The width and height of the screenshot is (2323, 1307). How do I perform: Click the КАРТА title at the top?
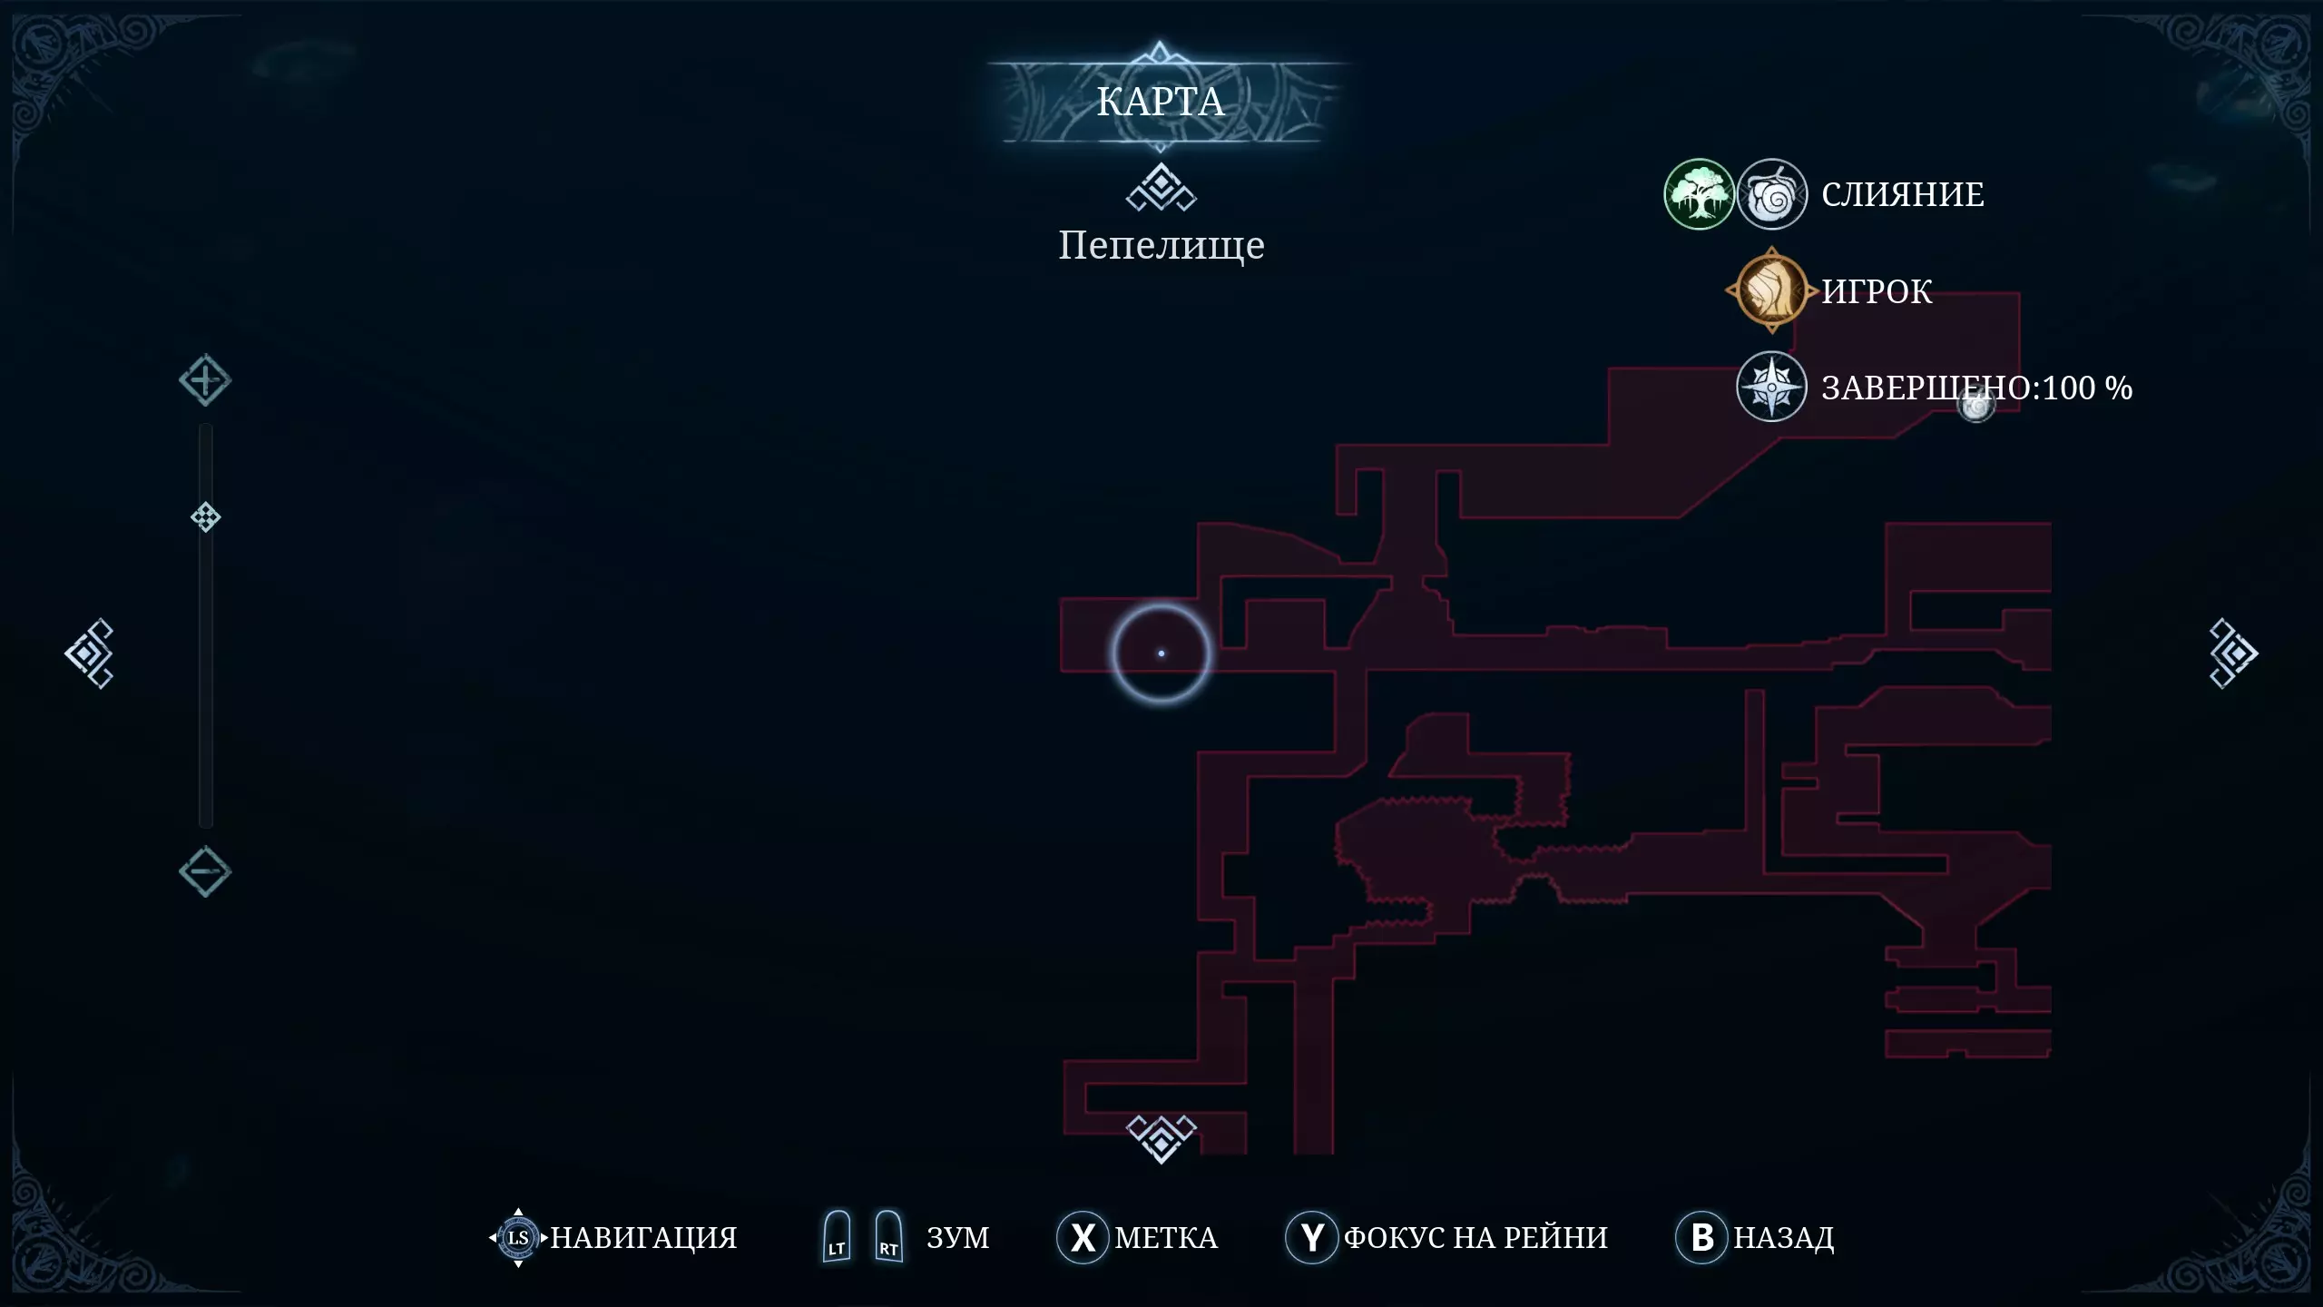(x=1161, y=102)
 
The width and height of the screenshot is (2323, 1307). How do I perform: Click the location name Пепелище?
(x=1161, y=245)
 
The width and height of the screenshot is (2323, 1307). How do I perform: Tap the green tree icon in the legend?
(x=1699, y=194)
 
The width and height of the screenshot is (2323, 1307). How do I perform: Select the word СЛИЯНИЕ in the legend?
(x=1903, y=194)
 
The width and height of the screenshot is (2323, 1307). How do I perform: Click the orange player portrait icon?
(x=1771, y=290)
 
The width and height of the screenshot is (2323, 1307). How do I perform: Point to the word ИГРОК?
(x=1877, y=291)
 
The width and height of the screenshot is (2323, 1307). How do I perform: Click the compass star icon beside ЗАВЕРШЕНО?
(x=1771, y=387)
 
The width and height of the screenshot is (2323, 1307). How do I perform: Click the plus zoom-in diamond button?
(x=205, y=380)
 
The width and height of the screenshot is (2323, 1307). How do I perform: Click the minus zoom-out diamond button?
(x=205, y=872)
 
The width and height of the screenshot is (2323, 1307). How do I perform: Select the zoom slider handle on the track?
(x=206, y=517)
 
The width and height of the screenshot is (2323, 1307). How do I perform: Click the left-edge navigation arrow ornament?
(x=89, y=653)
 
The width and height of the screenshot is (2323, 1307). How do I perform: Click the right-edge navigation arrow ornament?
(x=2233, y=653)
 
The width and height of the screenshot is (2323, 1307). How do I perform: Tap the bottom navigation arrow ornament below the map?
(x=1161, y=1137)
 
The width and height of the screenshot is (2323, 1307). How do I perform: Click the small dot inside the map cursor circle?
(x=1161, y=653)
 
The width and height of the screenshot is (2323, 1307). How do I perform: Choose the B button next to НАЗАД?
(x=1702, y=1237)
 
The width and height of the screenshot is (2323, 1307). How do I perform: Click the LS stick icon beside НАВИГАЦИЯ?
(x=518, y=1237)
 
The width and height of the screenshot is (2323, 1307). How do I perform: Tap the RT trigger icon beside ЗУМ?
(x=888, y=1236)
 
